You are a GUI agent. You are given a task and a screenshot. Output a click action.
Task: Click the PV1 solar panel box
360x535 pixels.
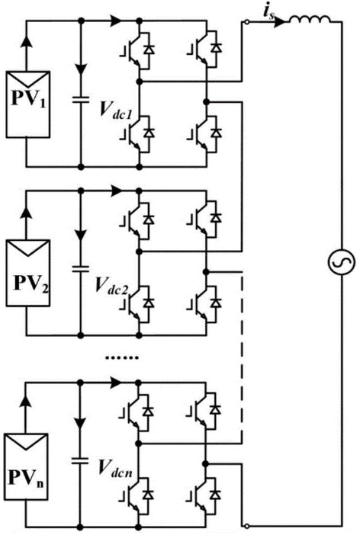[x=28, y=104]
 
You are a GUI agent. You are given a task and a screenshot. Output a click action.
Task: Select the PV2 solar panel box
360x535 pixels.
[x=28, y=273]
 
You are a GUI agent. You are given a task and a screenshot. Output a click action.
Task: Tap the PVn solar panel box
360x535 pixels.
[x=26, y=466]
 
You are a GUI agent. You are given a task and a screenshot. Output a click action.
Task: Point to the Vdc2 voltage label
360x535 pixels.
[x=111, y=285]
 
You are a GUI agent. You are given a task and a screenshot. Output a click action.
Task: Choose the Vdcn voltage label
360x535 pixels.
[x=115, y=468]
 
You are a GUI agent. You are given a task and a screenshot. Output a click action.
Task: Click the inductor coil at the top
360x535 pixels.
[x=310, y=20]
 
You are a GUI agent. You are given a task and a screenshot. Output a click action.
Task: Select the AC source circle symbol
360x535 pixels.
[x=342, y=262]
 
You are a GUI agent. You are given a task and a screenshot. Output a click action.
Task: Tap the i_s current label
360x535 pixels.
[x=268, y=12]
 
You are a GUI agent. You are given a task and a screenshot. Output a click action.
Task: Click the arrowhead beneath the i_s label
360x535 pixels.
[x=280, y=22]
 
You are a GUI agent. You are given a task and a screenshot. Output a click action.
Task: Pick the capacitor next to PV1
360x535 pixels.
[x=81, y=100]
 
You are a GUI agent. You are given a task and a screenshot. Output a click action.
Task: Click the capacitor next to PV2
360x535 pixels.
[x=81, y=269]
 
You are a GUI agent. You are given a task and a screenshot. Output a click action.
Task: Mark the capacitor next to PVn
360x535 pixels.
[x=80, y=461]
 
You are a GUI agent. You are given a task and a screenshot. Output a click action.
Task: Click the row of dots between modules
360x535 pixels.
[x=122, y=357]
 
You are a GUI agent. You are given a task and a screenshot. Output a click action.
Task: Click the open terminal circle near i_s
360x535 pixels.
[x=246, y=22]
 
